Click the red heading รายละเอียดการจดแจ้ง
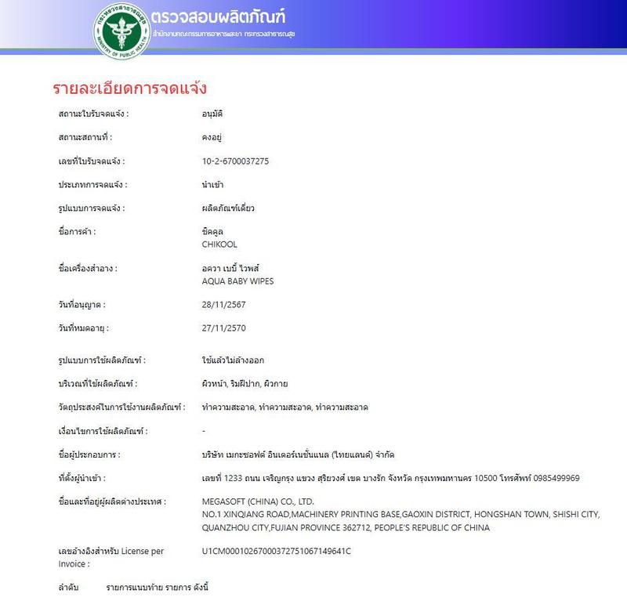pos(129,87)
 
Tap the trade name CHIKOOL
pos(221,244)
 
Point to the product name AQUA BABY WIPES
pos(238,281)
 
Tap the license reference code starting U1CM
pos(277,551)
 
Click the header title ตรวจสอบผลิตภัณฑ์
pos(221,17)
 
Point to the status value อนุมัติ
pos(212,114)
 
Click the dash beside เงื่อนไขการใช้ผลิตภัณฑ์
pos(204,431)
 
